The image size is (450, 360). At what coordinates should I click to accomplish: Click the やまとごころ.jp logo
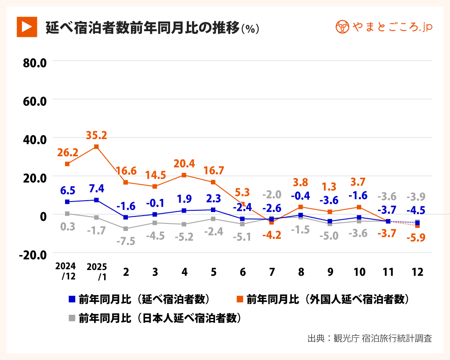tap(384, 27)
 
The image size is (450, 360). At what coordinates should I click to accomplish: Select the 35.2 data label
tap(97, 135)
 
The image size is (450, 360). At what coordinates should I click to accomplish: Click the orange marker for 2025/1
tap(97, 147)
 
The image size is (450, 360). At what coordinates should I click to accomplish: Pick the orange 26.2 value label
tap(67, 152)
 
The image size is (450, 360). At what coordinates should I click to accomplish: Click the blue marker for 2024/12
tap(67, 202)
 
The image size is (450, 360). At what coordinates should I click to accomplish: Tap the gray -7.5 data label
tap(126, 241)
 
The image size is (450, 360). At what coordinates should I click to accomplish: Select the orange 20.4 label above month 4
tap(184, 163)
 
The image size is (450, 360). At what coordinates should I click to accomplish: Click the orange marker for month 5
tap(213, 182)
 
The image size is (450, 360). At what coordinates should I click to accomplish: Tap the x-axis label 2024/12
tap(66, 271)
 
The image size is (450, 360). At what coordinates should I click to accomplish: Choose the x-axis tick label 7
tap(272, 272)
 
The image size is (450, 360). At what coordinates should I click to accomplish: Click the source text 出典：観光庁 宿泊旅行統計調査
tap(370, 338)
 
